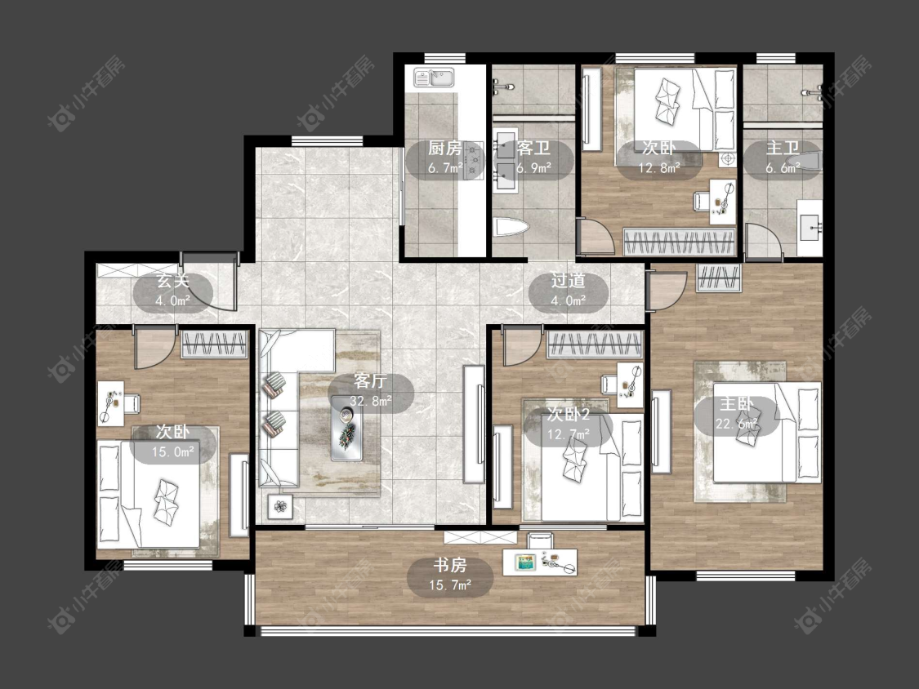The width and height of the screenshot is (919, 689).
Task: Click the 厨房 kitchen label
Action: click(x=444, y=149)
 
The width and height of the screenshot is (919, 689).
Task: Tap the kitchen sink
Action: click(x=435, y=78)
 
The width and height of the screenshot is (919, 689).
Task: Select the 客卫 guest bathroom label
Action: click(x=533, y=149)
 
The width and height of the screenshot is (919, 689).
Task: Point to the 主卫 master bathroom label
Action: click(x=783, y=149)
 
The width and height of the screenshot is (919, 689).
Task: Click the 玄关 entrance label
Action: click(x=173, y=281)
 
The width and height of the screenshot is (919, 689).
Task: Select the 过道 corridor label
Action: click(x=568, y=281)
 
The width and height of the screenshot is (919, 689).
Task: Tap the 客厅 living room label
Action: click(x=370, y=381)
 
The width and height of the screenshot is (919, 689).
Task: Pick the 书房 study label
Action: click(x=449, y=566)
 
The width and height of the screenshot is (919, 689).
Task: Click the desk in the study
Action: click(x=540, y=562)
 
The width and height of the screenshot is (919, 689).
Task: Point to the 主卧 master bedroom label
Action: click(x=737, y=403)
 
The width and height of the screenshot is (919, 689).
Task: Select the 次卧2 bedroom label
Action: click(x=569, y=415)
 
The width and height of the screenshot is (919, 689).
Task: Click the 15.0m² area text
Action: click(x=173, y=452)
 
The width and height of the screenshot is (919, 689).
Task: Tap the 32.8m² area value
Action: click(x=370, y=402)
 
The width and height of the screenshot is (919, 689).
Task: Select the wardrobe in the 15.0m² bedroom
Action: click(x=213, y=344)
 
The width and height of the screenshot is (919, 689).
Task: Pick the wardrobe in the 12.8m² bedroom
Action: click(x=679, y=242)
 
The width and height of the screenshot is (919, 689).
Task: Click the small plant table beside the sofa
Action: click(x=281, y=506)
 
